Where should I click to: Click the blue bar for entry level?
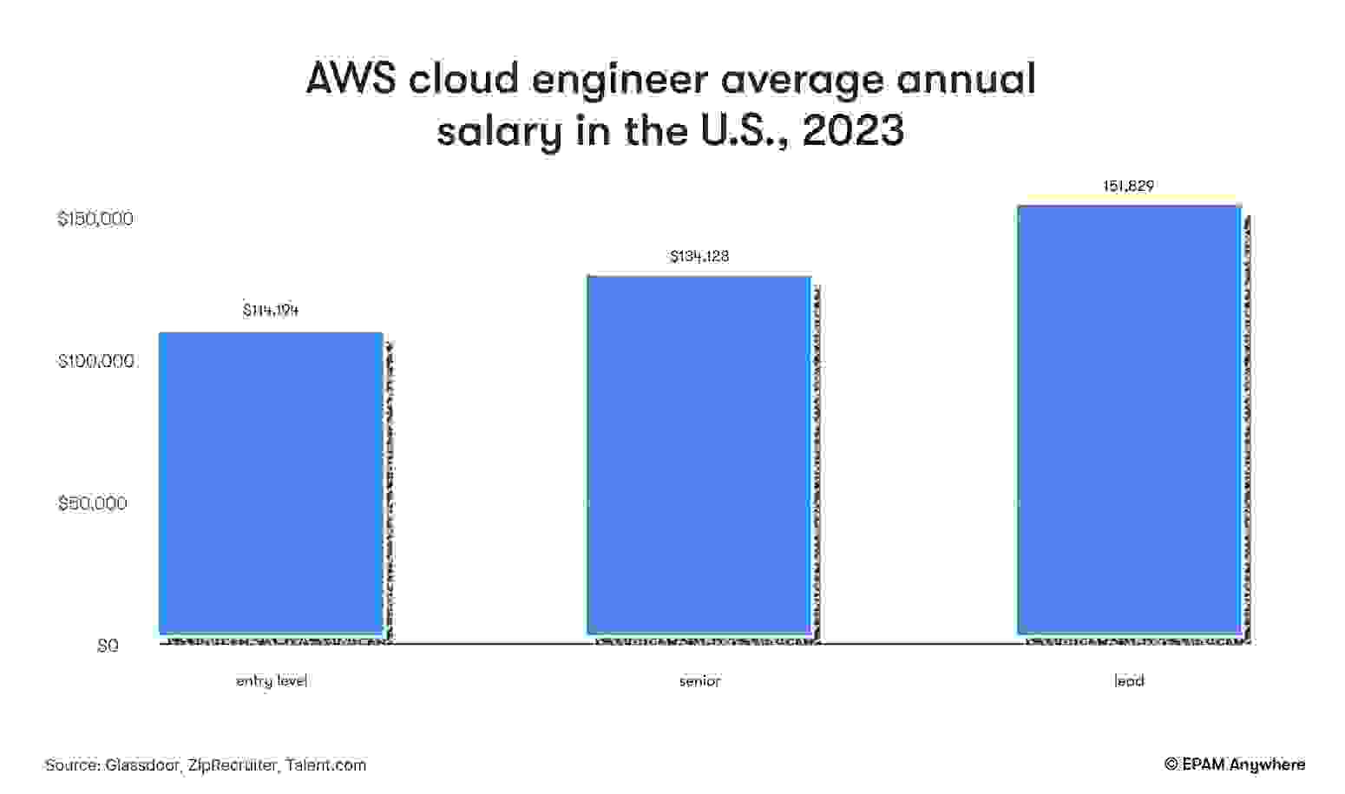271,483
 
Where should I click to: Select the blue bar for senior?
699,455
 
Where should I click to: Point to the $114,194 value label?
271,310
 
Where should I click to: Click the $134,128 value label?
699,256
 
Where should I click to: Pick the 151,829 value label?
1128,186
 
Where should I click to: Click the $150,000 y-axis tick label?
95,219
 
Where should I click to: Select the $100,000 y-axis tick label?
95,361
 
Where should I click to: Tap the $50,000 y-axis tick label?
92,503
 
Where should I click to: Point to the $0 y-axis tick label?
108,646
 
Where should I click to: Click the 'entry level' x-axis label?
272,681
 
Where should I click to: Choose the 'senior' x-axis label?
699,681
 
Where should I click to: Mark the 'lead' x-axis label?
1129,681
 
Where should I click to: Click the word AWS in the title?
351,79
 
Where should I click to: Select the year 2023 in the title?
853,131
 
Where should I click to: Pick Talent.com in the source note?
326,765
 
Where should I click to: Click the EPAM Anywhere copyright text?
1235,764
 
